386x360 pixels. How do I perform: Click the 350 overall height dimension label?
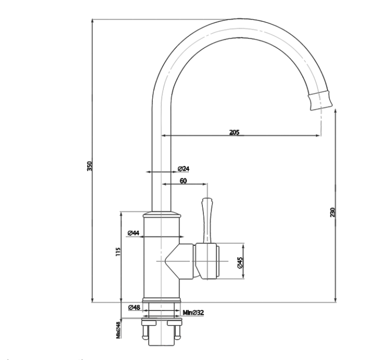coord(89,166)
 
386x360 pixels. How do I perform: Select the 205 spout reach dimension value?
coord(234,133)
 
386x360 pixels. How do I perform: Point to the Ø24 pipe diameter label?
coord(183,169)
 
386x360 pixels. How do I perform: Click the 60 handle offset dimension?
coord(183,181)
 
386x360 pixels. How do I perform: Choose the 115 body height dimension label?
coord(118,253)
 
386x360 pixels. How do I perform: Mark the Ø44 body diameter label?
coord(133,233)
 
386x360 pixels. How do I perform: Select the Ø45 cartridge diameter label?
coord(239,263)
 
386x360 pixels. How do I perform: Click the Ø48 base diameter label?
coord(134,308)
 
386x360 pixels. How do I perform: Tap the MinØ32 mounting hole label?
coord(193,313)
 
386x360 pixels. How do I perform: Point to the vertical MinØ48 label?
coord(118,330)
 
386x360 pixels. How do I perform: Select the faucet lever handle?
coord(207,219)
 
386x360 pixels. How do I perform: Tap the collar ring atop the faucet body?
coord(162,214)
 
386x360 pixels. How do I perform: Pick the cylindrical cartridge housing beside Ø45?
coord(209,260)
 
